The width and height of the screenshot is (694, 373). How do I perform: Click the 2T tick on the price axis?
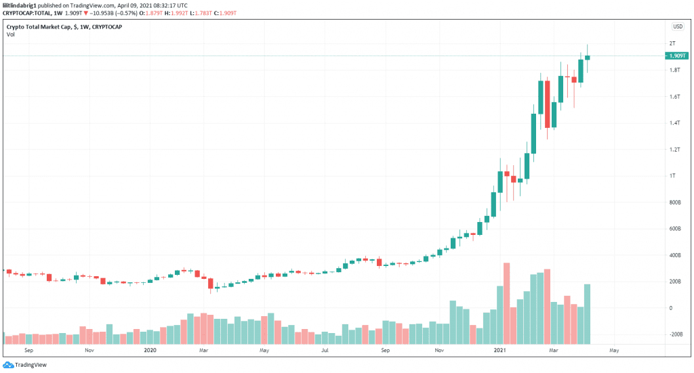(x=672, y=43)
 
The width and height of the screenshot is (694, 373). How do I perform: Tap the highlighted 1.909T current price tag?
(x=677, y=56)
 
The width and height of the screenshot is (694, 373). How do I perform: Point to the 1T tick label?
(x=672, y=176)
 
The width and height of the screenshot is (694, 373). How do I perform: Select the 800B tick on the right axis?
(x=675, y=202)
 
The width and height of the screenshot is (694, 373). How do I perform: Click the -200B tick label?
(x=676, y=334)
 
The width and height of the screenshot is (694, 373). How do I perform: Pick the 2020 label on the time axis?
(x=150, y=350)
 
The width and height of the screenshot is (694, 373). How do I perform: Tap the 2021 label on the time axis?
(x=499, y=350)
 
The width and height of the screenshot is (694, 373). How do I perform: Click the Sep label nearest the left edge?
(x=28, y=350)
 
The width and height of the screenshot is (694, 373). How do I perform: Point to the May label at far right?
(x=614, y=350)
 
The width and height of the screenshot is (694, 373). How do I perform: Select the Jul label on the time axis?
(x=325, y=350)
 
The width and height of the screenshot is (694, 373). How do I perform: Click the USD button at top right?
(x=678, y=26)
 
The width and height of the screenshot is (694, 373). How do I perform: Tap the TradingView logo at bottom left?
(x=25, y=365)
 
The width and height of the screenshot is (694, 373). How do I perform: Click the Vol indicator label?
(x=11, y=35)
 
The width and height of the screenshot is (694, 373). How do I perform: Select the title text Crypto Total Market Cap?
(x=39, y=27)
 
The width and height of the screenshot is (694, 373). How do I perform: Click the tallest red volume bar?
(x=506, y=304)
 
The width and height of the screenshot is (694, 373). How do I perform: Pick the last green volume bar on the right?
(x=587, y=314)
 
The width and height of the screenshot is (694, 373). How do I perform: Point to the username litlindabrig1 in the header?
(x=20, y=5)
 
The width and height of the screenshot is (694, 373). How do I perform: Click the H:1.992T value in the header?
(x=176, y=14)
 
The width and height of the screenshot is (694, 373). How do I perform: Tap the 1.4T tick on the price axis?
(x=674, y=123)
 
